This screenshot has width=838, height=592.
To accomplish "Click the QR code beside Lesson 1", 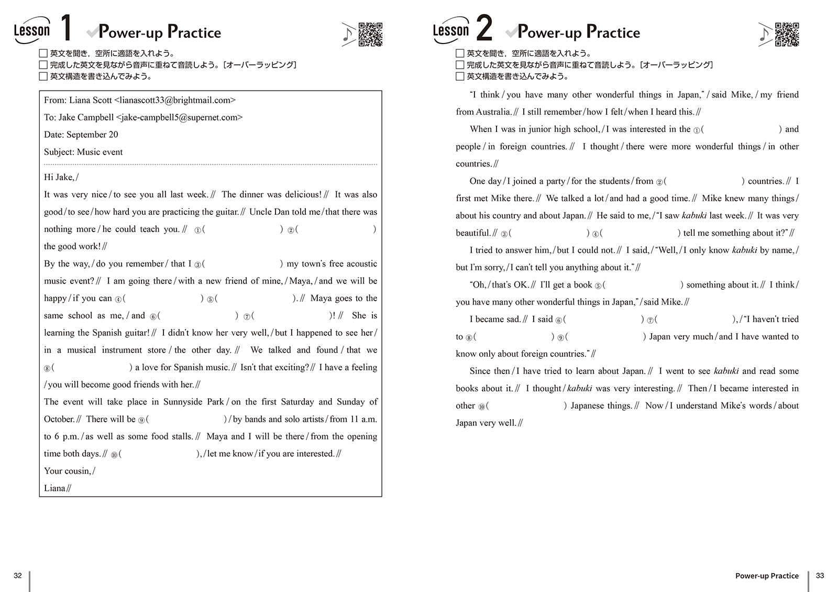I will coord(370,35).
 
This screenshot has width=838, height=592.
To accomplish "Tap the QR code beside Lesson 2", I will coord(787,35).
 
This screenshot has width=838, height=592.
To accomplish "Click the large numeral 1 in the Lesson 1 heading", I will coord(66,28).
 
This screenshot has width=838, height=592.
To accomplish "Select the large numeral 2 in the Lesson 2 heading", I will coord(484,28).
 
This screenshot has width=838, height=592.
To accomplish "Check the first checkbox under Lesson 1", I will coord(43,53).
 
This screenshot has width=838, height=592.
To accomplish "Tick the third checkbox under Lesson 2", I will coord(460,76).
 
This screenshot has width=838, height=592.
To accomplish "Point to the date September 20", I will coord(92,135).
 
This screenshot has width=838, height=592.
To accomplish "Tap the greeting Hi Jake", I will coord(60,177).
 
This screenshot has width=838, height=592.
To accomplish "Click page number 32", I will coord(18,576).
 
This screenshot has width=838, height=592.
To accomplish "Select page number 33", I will coord(820,576).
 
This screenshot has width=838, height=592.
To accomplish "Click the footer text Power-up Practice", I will coord(767,576).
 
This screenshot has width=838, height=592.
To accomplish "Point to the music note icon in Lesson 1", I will coord(348,34).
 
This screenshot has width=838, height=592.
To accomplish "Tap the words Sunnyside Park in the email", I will coord(193,402).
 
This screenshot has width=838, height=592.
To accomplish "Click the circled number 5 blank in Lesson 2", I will coord(644,285).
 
